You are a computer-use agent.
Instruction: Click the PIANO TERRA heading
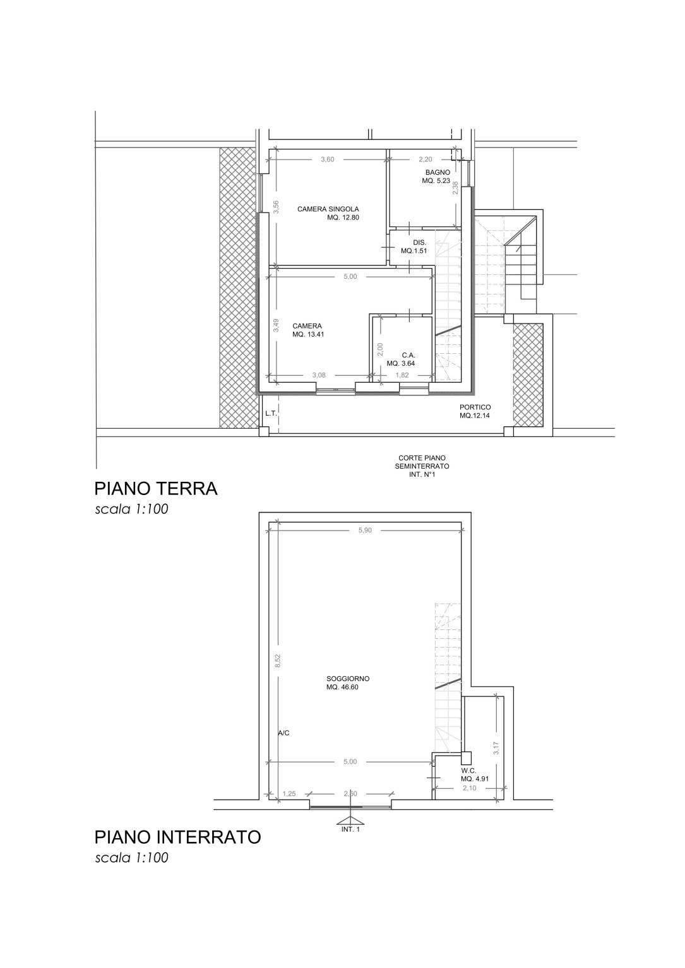(156, 489)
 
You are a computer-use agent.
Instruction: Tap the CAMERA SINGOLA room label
(328, 209)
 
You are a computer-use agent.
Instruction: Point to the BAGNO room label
(438, 172)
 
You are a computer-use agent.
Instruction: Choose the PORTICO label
(475, 407)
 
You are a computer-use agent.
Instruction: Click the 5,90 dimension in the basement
(365, 531)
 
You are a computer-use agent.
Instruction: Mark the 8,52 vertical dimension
(278, 661)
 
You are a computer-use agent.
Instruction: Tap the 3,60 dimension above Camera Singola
(328, 160)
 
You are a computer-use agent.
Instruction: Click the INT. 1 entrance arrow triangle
(350, 820)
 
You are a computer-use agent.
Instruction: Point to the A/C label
(283, 733)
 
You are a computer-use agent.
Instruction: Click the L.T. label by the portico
(271, 414)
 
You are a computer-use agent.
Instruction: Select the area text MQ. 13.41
(308, 334)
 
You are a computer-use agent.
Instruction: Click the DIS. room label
(419, 243)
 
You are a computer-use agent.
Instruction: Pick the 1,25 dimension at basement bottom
(289, 794)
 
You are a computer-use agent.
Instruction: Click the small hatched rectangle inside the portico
(528, 375)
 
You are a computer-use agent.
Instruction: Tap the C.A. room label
(408, 355)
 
